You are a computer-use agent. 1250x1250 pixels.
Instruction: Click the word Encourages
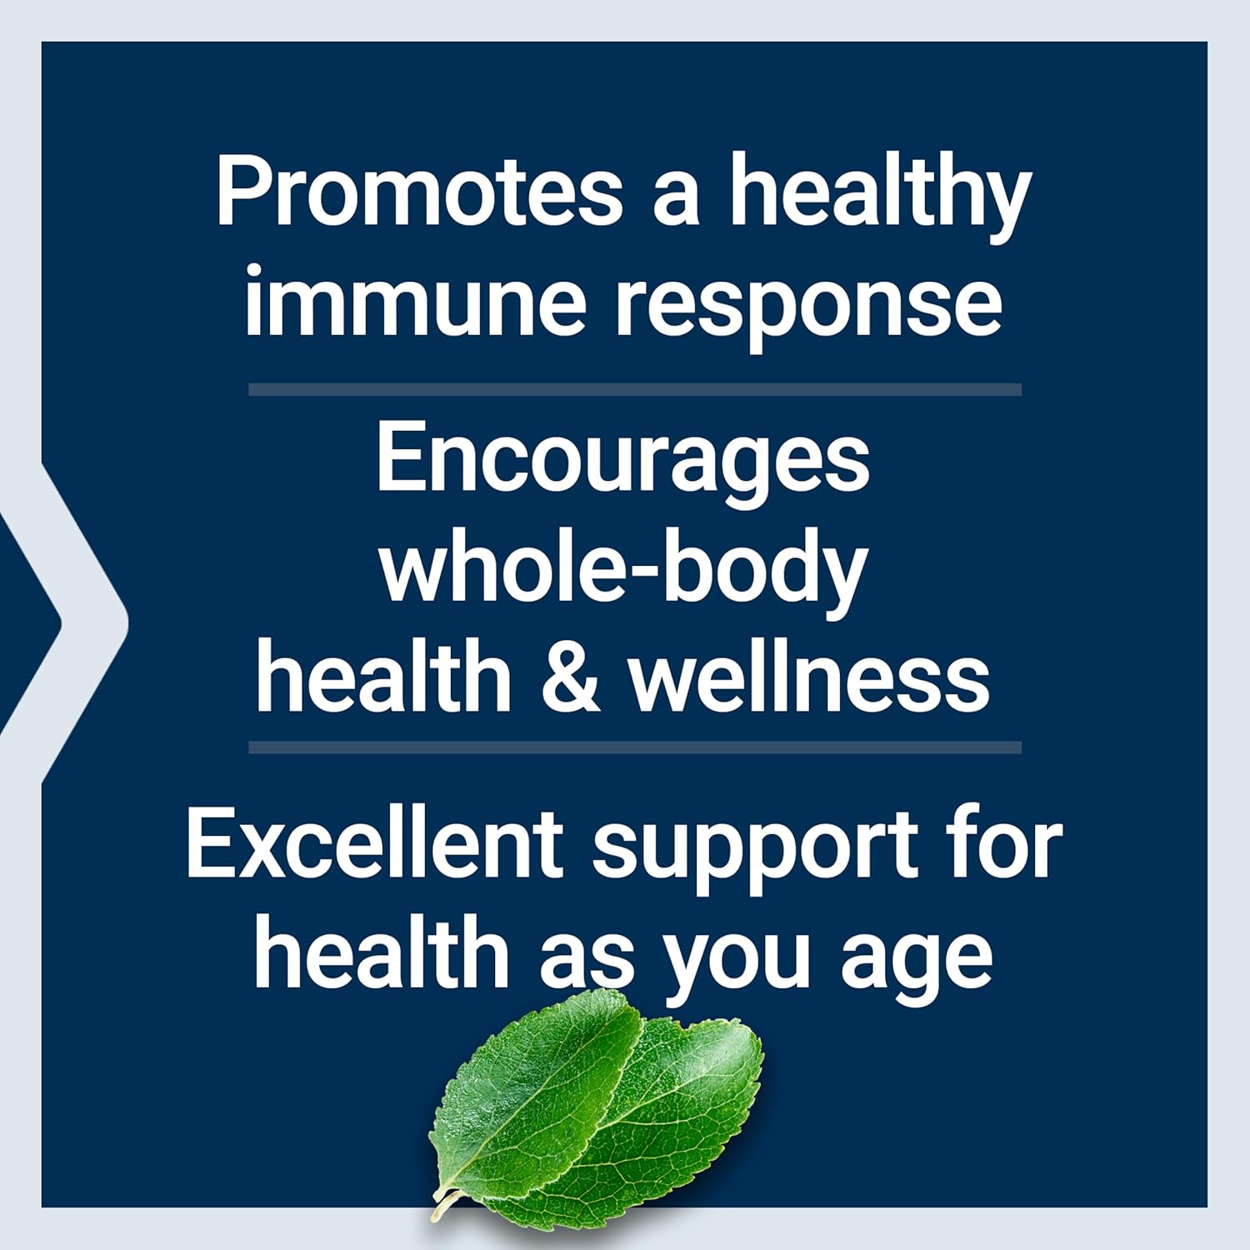tap(622, 462)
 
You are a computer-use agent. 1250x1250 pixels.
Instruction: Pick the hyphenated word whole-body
tap(622, 571)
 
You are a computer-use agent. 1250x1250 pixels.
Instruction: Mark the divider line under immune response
tap(634, 389)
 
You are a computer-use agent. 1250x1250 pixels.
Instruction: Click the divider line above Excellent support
tap(634, 747)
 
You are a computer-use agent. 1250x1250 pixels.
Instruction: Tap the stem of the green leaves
tap(442, 1208)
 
